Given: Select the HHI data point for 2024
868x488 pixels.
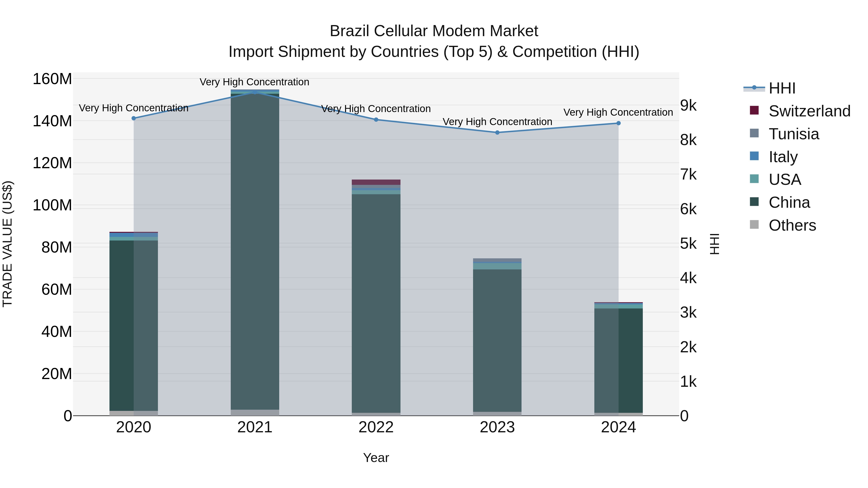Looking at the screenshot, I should [x=618, y=123].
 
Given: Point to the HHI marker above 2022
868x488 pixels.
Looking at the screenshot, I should [x=376, y=120].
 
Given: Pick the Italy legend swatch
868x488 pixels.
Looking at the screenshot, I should [x=754, y=156].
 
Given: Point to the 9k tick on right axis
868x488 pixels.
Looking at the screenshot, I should [x=688, y=105].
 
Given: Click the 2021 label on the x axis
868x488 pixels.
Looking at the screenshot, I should [x=255, y=427].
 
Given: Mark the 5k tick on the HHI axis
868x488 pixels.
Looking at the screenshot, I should [x=688, y=243].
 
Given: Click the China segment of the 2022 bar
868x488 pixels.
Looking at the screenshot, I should [x=376, y=303].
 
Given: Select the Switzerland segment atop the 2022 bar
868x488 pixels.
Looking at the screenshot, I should [x=376, y=182].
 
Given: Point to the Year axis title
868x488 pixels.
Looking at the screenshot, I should [x=376, y=458].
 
